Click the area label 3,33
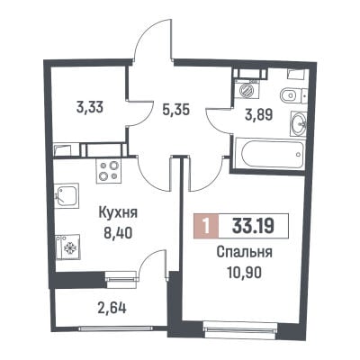tap(90, 107)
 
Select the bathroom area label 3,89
tap(258, 114)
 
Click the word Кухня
tap(118, 213)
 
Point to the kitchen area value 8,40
tap(118, 232)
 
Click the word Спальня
tap(245, 253)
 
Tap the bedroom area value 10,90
tap(245, 273)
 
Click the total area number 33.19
tap(253, 226)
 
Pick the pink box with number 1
tap(206, 226)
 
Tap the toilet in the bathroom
tap(292, 95)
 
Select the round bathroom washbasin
tap(298, 123)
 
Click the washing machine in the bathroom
tap(247, 89)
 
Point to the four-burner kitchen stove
tap(108, 171)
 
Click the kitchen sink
tap(67, 195)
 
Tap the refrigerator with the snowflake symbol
tap(67, 247)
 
